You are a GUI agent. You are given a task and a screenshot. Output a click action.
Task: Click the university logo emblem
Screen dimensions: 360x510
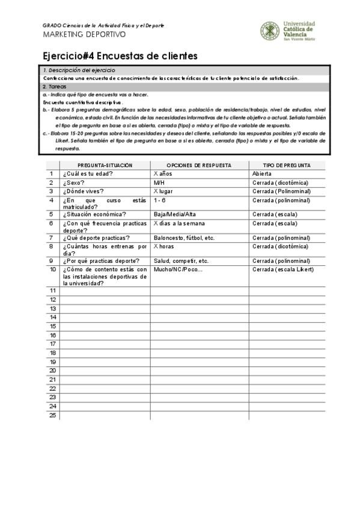[x=269, y=31]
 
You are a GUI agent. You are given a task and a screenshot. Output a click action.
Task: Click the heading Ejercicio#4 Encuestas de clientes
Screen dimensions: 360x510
[x=120, y=56]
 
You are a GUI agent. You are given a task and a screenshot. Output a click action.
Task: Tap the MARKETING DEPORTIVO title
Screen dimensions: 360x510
[x=84, y=34]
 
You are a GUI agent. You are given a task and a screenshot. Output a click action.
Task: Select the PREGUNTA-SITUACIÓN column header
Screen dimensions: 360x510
[x=105, y=165]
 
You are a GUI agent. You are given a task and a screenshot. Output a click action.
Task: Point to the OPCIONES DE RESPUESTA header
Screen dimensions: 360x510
[x=199, y=165]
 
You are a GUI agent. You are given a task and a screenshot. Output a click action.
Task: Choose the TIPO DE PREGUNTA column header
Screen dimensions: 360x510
[x=287, y=165]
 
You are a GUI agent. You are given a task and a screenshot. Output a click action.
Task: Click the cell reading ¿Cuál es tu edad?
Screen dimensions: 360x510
[x=88, y=174]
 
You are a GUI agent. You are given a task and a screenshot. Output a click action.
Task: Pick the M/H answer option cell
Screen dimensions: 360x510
[x=159, y=183]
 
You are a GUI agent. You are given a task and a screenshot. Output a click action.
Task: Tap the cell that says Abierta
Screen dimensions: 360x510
[x=262, y=174]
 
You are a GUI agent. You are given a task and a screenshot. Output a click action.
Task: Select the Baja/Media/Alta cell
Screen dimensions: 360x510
[x=175, y=214]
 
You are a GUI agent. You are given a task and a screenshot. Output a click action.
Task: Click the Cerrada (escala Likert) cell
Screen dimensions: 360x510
[x=283, y=269]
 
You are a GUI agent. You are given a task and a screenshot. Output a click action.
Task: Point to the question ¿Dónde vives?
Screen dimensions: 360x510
[x=84, y=191]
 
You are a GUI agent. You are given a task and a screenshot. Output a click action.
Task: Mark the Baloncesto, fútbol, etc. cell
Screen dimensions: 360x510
[x=184, y=238]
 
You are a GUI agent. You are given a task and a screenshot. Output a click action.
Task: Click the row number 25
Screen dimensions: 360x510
[x=53, y=415]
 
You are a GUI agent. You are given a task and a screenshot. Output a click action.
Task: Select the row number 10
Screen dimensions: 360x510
[x=53, y=269]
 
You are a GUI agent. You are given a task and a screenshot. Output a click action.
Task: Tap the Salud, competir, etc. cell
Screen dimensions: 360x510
[x=181, y=261]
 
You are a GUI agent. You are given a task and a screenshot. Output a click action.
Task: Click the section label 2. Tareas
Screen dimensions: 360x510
[x=53, y=87]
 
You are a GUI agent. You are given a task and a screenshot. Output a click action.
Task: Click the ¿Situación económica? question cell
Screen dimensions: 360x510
[x=94, y=214]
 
